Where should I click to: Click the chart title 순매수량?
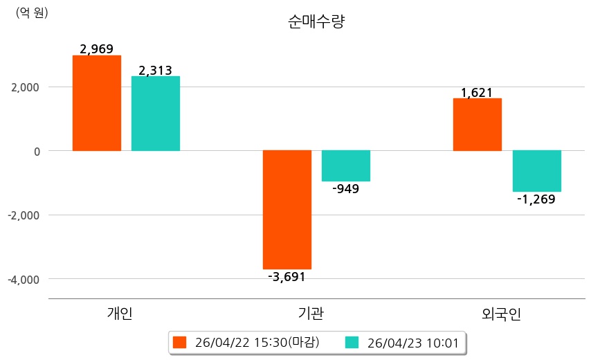(316, 21)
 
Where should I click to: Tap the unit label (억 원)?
(32, 12)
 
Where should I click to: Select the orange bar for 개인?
(97, 103)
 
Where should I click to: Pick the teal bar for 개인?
(156, 114)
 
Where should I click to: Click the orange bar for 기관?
(287, 209)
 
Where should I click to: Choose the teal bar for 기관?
(346, 166)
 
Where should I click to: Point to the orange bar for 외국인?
(478, 125)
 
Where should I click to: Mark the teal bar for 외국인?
(536, 171)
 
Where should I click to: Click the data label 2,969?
(97, 49)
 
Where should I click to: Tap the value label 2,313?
(156, 70)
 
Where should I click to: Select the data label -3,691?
(287, 277)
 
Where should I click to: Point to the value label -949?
(346, 189)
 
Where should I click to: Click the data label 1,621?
(477, 92)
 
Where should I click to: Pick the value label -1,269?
(536, 199)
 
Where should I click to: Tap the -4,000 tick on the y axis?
(24, 279)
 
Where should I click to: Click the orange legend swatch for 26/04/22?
(180, 342)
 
